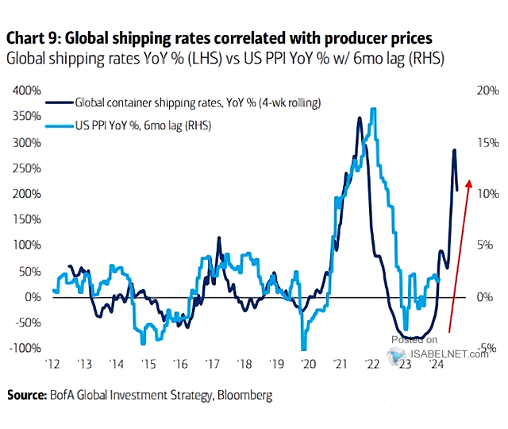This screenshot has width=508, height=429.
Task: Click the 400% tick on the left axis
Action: pyautogui.click(x=27, y=91)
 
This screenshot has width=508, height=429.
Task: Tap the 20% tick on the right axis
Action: pyautogui.click(x=487, y=91)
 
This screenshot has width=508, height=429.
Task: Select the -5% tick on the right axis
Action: pyautogui.click(x=487, y=348)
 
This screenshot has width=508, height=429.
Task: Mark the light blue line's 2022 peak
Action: pyautogui.click(x=372, y=109)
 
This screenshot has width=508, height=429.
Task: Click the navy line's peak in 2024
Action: pyautogui.click(x=454, y=150)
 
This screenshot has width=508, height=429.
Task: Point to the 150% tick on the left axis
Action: pyautogui.click(x=27, y=219)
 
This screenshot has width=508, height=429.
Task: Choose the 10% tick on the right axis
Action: pyautogui.click(x=487, y=194)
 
